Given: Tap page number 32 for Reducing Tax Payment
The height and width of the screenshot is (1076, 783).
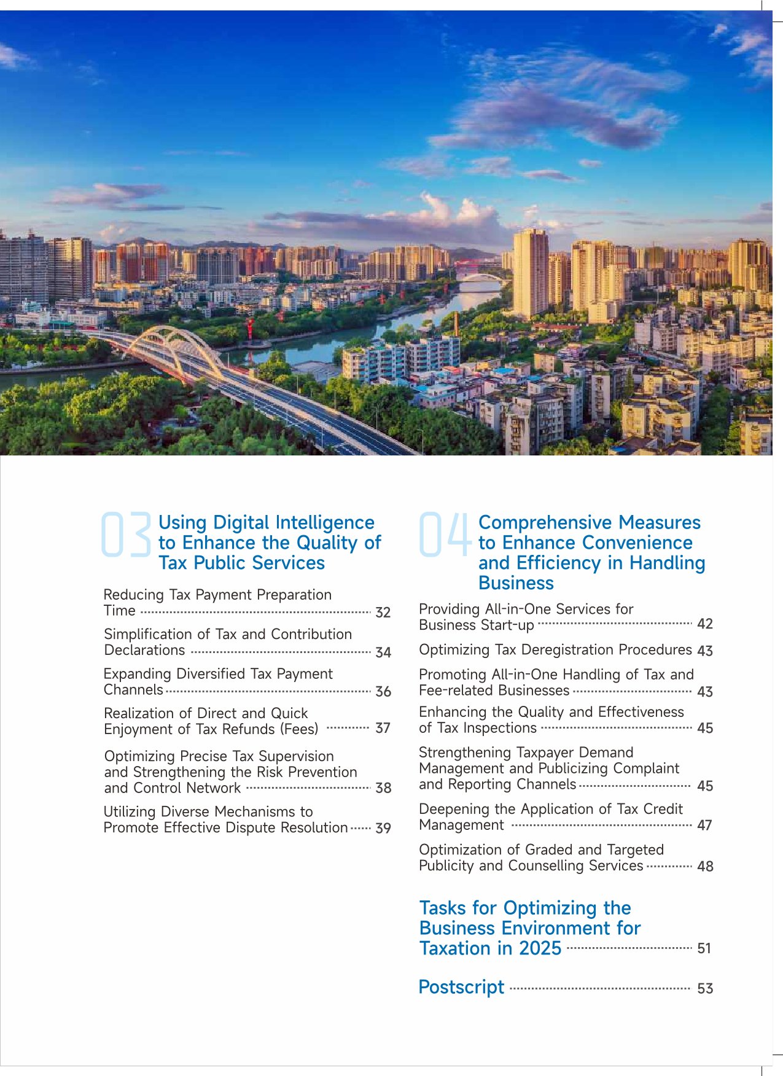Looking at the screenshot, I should (383, 613).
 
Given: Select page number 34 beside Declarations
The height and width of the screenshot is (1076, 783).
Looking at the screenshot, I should (383, 652).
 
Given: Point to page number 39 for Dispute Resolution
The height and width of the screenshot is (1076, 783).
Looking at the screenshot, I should (383, 828).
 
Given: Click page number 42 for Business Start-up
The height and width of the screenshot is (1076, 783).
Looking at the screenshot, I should (705, 624).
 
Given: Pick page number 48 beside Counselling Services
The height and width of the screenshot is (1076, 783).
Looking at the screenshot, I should (705, 866).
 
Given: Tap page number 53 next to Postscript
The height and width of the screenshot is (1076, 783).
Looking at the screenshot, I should (705, 988).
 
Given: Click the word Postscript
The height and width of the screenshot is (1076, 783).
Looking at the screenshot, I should (461, 987).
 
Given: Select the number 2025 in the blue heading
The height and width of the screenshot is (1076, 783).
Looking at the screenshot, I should (540, 948).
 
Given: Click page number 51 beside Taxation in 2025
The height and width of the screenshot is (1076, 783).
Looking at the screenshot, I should (704, 948).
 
